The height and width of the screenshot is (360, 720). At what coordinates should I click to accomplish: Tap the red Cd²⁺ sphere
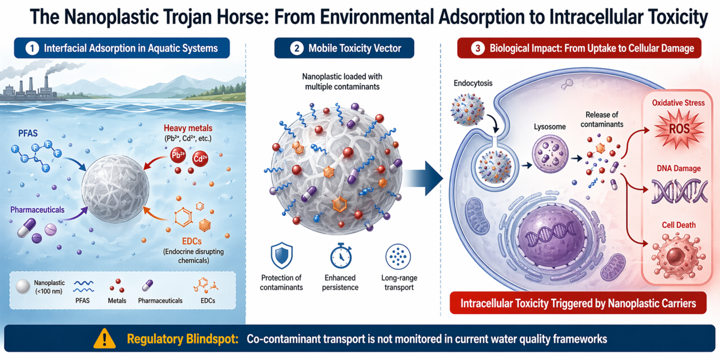(x=200, y=159)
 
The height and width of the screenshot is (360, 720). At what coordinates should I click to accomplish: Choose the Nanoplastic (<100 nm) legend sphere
(x=23, y=286)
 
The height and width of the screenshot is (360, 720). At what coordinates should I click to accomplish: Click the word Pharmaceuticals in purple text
(x=37, y=209)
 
